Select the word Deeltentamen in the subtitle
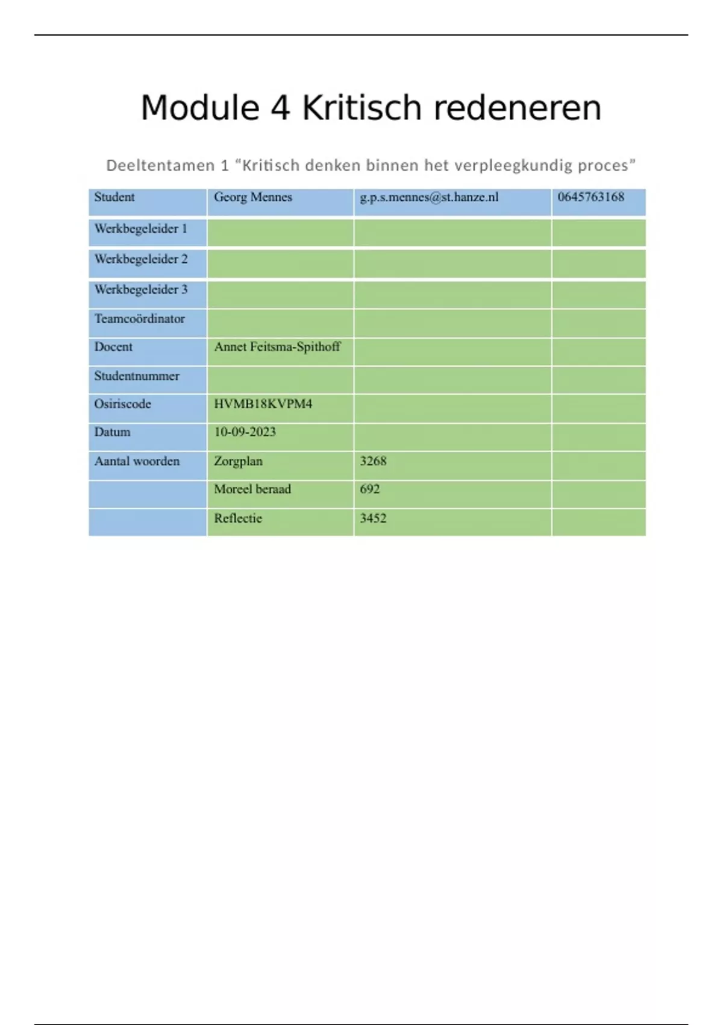click(x=160, y=165)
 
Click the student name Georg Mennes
click(x=253, y=197)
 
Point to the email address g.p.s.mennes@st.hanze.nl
click(x=429, y=197)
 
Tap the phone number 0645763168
click(x=590, y=197)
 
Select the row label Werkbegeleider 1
click(x=141, y=229)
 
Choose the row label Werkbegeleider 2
click(x=141, y=259)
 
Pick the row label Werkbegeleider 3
click(x=141, y=289)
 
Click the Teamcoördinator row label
click(x=139, y=319)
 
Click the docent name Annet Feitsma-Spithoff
click(x=277, y=347)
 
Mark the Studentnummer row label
click(x=137, y=376)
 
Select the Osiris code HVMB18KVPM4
click(x=263, y=404)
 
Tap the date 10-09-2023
click(x=245, y=432)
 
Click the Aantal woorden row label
click(x=137, y=461)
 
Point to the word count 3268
click(x=373, y=461)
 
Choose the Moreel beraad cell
click(x=252, y=489)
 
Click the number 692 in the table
click(x=370, y=489)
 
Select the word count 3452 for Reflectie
click(x=373, y=519)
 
